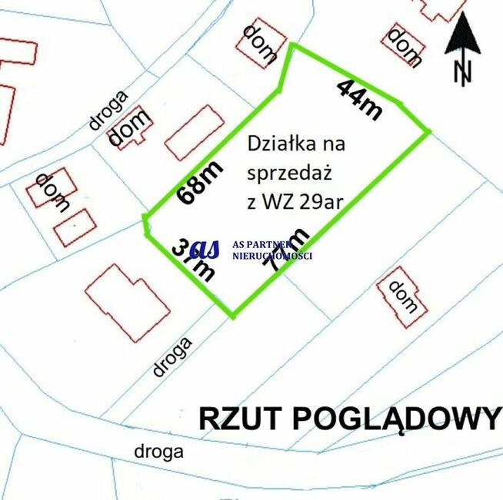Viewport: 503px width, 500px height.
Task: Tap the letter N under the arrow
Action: (x=462, y=72)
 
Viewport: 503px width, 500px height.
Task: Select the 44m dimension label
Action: (x=359, y=98)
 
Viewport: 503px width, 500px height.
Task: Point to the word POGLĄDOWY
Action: (x=395, y=419)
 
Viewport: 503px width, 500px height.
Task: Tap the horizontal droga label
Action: (x=158, y=451)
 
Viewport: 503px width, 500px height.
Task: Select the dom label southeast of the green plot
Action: (x=402, y=297)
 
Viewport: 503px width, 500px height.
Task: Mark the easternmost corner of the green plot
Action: (x=429, y=132)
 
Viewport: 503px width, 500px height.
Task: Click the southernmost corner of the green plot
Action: (x=232, y=316)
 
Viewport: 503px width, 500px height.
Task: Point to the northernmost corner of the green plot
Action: (x=291, y=45)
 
